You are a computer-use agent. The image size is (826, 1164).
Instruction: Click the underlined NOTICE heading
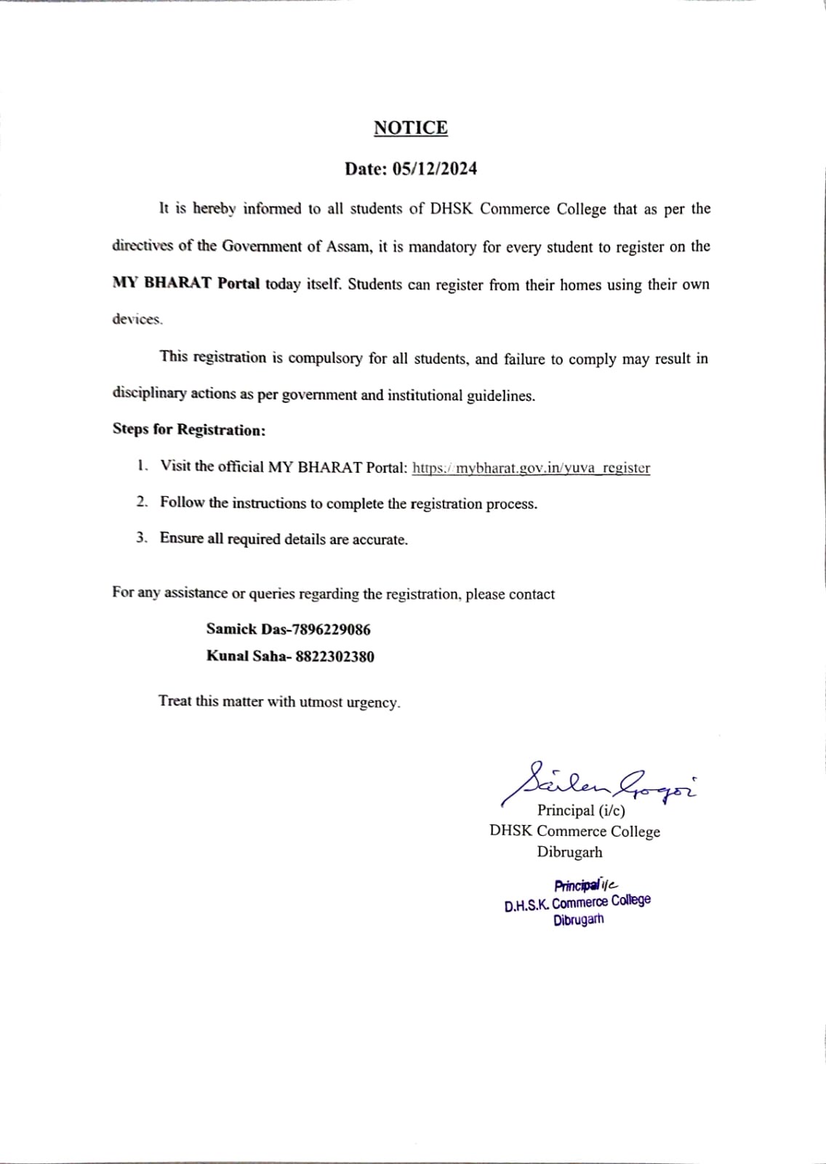tap(411, 128)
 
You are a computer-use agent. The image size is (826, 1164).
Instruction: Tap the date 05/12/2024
tap(435, 169)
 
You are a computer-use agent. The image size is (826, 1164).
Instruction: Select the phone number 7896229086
tap(331, 629)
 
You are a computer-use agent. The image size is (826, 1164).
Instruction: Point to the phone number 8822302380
tap(334, 656)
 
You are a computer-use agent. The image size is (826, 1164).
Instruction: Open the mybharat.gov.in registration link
tap(531, 468)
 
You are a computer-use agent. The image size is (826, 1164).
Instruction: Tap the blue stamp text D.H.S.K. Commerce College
tap(577, 903)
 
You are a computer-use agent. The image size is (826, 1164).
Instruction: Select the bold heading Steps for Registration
tap(189, 430)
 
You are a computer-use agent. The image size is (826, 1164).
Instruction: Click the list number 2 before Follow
tap(142, 502)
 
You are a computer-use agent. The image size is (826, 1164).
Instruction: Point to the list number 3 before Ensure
tap(142, 538)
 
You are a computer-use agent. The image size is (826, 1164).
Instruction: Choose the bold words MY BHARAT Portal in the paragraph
tap(186, 284)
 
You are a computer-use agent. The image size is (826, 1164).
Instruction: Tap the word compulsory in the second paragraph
tap(325, 359)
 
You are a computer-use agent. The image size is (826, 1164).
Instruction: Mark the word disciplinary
tap(149, 394)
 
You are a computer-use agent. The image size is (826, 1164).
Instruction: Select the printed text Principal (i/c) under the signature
tap(581, 810)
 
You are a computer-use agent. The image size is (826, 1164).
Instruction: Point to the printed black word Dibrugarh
tap(569, 852)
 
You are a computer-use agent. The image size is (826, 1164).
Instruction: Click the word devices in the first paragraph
tap(137, 319)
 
